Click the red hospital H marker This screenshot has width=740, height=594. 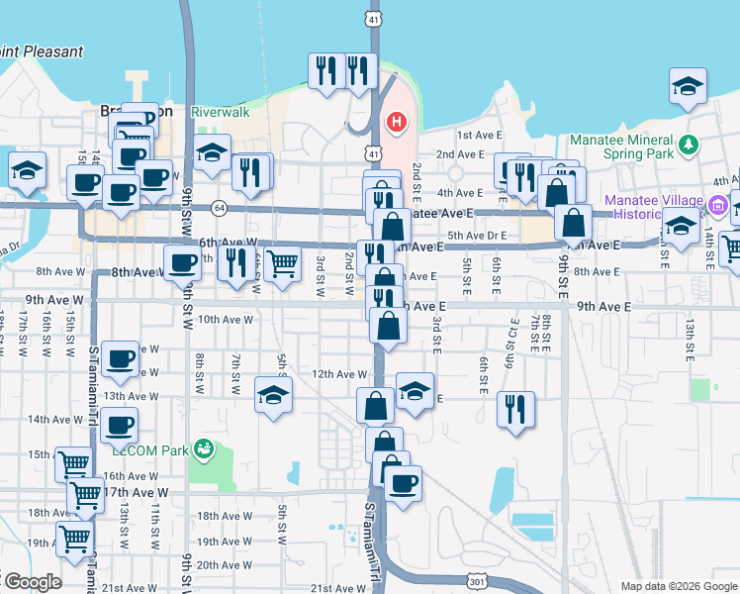pos(397,123)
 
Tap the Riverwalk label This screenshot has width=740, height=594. pos(223,112)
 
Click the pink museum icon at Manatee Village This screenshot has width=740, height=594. pos(719,207)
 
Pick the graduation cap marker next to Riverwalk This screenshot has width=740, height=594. pos(212,154)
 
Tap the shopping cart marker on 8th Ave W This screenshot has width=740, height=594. pos(283,264)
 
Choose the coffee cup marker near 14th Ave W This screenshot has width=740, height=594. pos(120,426)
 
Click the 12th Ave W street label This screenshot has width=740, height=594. pos(339,374)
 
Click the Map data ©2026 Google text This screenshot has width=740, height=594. pos(678,585)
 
